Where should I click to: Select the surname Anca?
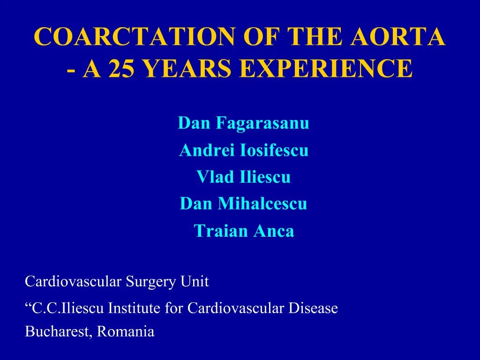pyautogui.click(x=274, y=231)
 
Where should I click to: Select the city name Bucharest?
pyautogui.click(x=59, y=332)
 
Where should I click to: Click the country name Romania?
pyautogui.click(x=126, y=332)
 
